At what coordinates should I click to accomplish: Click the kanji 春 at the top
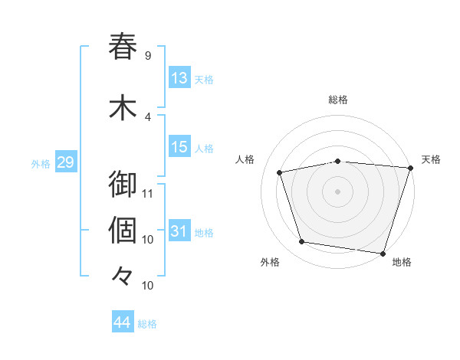123,47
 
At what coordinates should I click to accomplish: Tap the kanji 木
123,108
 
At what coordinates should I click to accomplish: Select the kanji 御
123,185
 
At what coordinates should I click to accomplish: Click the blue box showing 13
179,78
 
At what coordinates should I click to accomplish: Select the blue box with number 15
179,148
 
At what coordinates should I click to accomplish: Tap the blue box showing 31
179,231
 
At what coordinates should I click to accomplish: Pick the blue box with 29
65,162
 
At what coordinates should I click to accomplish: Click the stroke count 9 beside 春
148,55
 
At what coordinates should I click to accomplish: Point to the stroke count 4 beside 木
148,116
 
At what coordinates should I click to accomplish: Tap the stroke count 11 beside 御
148,193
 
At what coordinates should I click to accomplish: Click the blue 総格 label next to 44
147,324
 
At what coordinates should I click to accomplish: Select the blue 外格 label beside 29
41,163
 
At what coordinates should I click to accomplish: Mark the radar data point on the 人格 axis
280,172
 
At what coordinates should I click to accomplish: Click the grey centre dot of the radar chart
337,191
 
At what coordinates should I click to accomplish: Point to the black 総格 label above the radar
337,100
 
